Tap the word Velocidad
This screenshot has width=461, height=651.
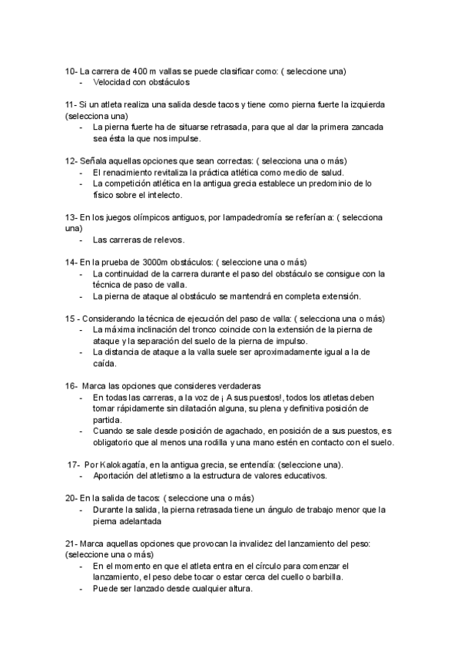112,81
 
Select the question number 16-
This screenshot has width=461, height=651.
71,385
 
